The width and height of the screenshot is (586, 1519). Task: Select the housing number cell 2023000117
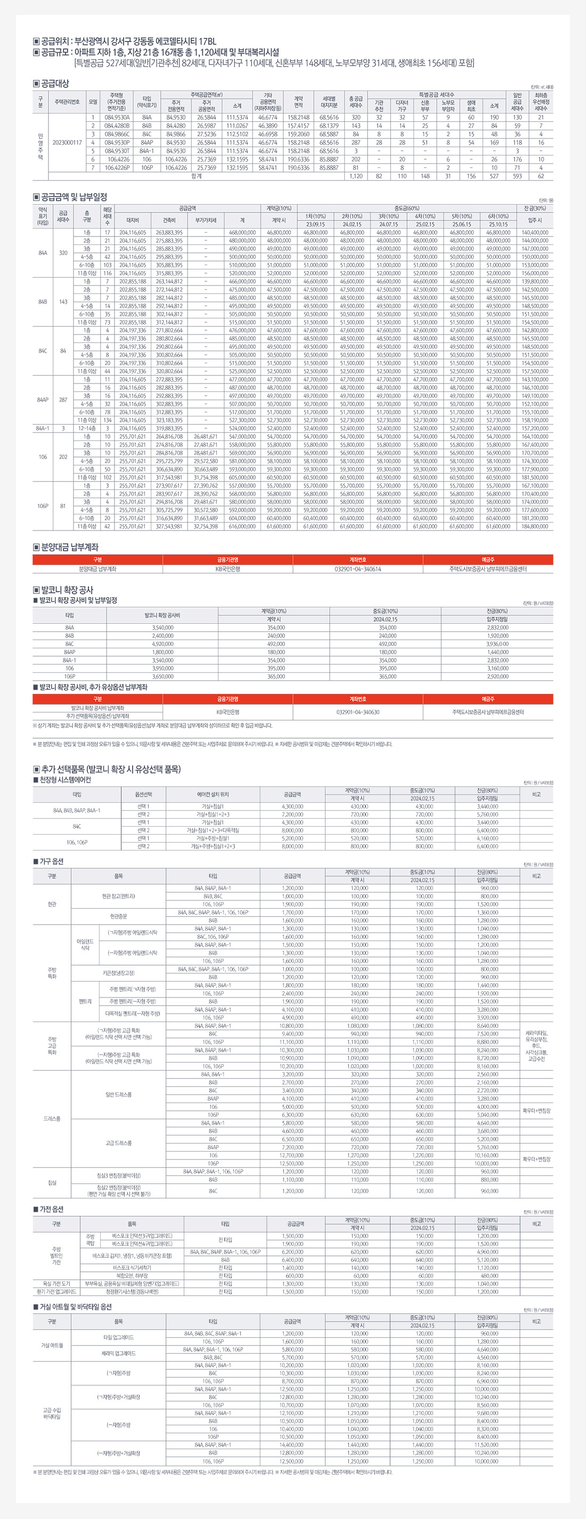[x=67, y=142]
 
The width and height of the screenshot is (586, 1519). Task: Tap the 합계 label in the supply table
[x=197, y=176]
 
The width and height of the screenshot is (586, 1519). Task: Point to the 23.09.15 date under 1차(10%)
[x=315, y=224]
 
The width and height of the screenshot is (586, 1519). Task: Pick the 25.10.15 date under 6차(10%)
[x=498, y=224]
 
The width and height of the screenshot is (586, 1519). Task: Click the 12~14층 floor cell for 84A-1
[x=87, y=428]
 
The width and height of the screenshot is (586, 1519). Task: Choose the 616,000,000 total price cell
[x=242, y=526]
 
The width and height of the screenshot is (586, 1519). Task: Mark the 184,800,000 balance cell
[x=535, y=526]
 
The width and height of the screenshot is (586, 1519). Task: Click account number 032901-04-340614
[x=357, y=569]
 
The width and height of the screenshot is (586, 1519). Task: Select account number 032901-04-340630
[x=357, y=712]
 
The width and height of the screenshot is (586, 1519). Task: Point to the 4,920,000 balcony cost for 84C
[x=162, y=644]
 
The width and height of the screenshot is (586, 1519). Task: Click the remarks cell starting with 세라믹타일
[x=536, y=1046]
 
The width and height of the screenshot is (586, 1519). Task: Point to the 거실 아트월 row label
[x=52, y=1345]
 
